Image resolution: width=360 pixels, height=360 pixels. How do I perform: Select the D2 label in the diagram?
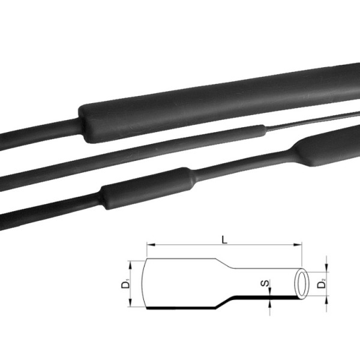(322, 283)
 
